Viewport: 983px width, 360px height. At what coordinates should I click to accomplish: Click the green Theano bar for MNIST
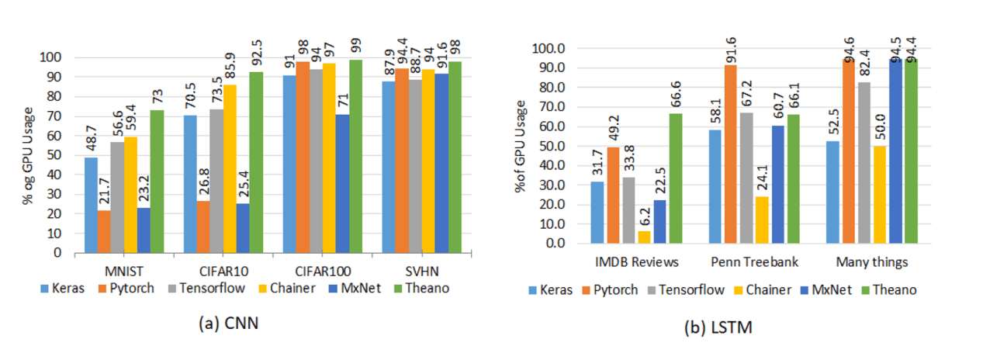pos(157,182)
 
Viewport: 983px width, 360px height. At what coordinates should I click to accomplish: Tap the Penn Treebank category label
pos(748,262)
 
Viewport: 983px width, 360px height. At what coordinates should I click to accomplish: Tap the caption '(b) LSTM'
pos(718,328)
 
